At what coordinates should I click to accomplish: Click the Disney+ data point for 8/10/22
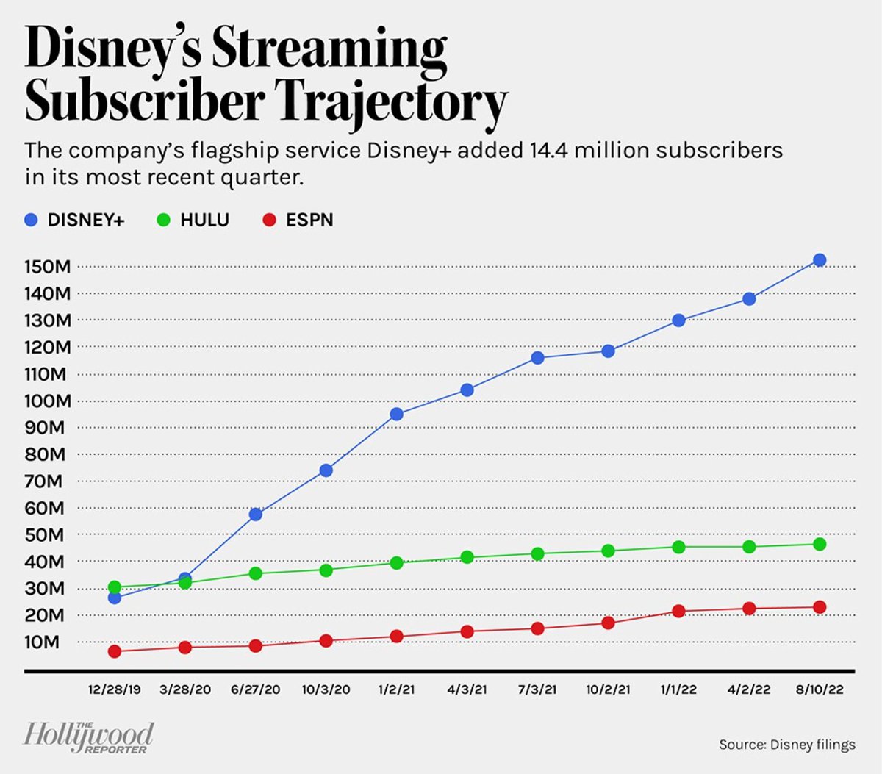tap(820, 260)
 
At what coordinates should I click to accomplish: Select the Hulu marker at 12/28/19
tap(115, 587)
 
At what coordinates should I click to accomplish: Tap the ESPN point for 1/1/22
tap(678, 611)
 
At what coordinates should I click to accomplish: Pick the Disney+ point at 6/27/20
tap(256, 515)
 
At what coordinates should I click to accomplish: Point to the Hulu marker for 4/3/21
tap(467, 557)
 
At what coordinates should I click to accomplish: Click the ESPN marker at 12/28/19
tap(115, 651)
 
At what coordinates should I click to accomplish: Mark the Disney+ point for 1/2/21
tap(397, 415)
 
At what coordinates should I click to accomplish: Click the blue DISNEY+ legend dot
tap(31, 220)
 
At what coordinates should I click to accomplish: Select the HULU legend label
tap(204, 220)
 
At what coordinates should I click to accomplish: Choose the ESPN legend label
tap(309, 220)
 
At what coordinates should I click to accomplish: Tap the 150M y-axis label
tap(48, 267)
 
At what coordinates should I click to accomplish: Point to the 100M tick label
tap(48, 401)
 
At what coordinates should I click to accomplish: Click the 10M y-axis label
tap(42, 642)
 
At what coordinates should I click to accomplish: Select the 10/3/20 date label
tap(326, 689)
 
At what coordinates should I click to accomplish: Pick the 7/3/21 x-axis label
tap(537, 689)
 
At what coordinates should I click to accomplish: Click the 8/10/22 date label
tap(820, 689)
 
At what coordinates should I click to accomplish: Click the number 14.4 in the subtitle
tap(548, 151)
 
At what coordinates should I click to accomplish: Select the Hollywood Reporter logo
tap(88, 737)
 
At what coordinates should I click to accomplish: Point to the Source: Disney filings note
tap(786, 745)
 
